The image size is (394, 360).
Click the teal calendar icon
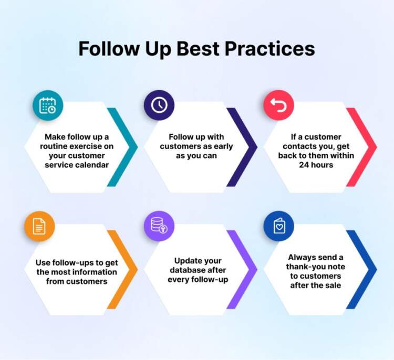click(47, 106)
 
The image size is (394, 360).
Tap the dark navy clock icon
click(159, 105)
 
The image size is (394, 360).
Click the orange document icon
click(39, 227)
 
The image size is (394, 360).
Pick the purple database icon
click(159, 227)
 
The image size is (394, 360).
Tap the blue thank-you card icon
click(278, 226)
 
